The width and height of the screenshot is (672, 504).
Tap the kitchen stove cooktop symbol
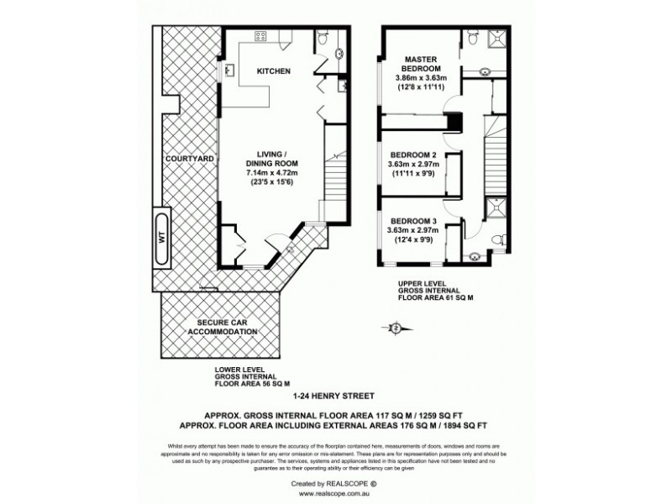pos(260,36)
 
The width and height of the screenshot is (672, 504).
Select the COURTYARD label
pos(187,158)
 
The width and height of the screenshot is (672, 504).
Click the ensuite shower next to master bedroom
pos(501,39)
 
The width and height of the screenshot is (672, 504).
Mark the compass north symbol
pos(396,327)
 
